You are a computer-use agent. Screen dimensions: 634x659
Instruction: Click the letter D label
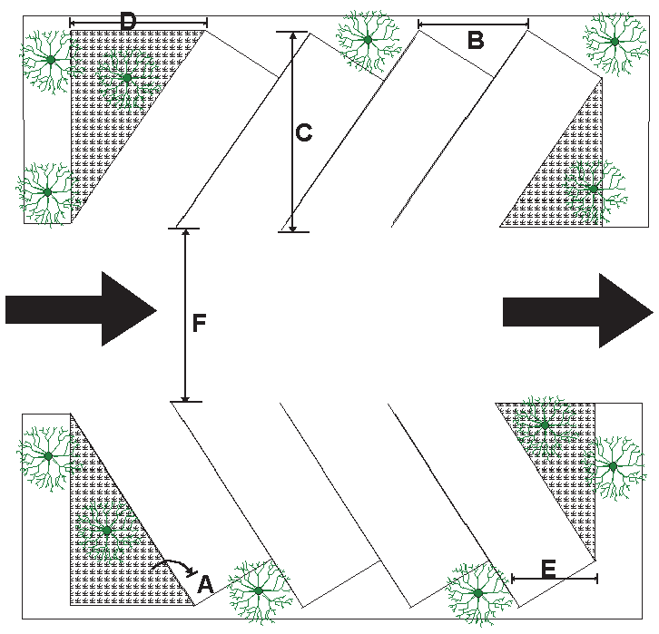coord(128,20)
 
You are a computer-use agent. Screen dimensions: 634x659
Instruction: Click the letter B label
coord(475,39)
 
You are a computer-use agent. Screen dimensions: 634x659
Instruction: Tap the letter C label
coord(304,132)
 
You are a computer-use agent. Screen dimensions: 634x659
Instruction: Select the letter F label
coord(200,322)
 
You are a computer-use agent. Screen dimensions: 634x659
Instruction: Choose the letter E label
coord(548,569)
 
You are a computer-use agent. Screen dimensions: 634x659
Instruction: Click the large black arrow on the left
coord(82,309)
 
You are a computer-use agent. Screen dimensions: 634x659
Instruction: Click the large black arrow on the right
coord(577,309)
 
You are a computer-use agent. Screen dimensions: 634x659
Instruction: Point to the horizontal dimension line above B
coord(473,24)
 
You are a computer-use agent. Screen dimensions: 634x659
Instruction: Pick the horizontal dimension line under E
coord(554,578)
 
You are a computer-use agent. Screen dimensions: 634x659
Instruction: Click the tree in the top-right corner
coord(615,42)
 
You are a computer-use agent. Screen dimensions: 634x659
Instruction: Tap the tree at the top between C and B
coord(368,39)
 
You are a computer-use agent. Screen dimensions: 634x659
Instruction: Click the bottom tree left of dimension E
coord(477,593)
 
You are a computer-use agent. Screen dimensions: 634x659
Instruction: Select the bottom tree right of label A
coord(259,591)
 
